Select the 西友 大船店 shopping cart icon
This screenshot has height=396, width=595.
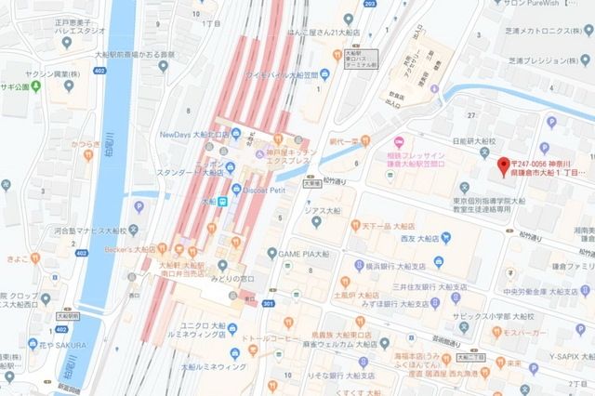(445, 237)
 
